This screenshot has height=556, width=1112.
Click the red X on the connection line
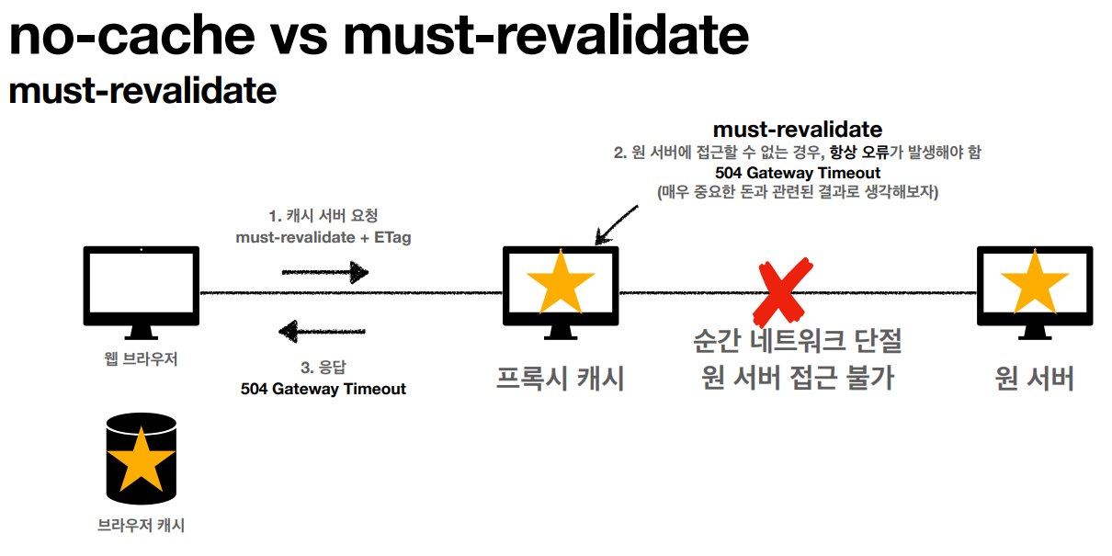(x=785, y=291)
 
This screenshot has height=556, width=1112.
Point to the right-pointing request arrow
(x=324, y=272)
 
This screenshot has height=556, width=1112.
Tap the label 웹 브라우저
(x=141, y=359)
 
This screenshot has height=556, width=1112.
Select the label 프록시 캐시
(x=561, y=378)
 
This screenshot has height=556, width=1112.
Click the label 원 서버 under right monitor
(x=1035, y=378)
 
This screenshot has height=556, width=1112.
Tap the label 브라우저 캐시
(x=141, y=526)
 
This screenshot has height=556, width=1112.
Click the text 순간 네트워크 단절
(x=797, y=342)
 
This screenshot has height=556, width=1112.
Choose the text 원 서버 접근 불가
(x=797, y=377)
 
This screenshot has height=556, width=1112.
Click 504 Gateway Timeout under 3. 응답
(x=323, y=389)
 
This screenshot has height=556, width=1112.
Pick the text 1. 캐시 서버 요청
(x=323, y=216)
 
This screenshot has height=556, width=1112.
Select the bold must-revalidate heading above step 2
(x=797, y=130)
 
